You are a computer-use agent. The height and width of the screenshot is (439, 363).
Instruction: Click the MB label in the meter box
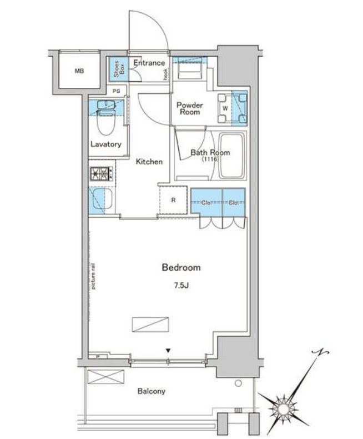pyautogui.click(x=79, y=71)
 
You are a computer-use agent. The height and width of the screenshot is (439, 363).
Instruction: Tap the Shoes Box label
pyautogui.click(x=117, y=69)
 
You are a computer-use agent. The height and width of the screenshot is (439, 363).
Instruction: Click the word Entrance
pyautogui.click(x=149, y=63)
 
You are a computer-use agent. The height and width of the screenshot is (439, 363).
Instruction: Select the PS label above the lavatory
pyautogui.click(x=116, y=91)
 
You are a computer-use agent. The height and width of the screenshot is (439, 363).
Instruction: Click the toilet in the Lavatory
pyautogui.click(x=104, y=122)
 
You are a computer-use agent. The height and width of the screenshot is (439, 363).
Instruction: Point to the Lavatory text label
pyautogui.click(x=105, y=144)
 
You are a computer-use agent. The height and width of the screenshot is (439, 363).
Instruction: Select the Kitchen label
pyautogui.click(x=150, y=162)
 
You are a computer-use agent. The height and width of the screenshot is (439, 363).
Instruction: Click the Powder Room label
pyautogui.click(x=189, y=108)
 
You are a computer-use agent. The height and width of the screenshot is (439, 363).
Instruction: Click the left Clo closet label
pyautogui.click(x=205, y=202)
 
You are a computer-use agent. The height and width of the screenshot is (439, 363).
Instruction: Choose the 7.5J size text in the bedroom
pyautogui.click(x=180, y=287)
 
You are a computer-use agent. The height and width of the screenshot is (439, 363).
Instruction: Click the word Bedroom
pyautogui.click(x=181, y=268)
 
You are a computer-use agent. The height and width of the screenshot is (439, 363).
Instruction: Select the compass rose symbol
pyautogui.click(x=284, y=408)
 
